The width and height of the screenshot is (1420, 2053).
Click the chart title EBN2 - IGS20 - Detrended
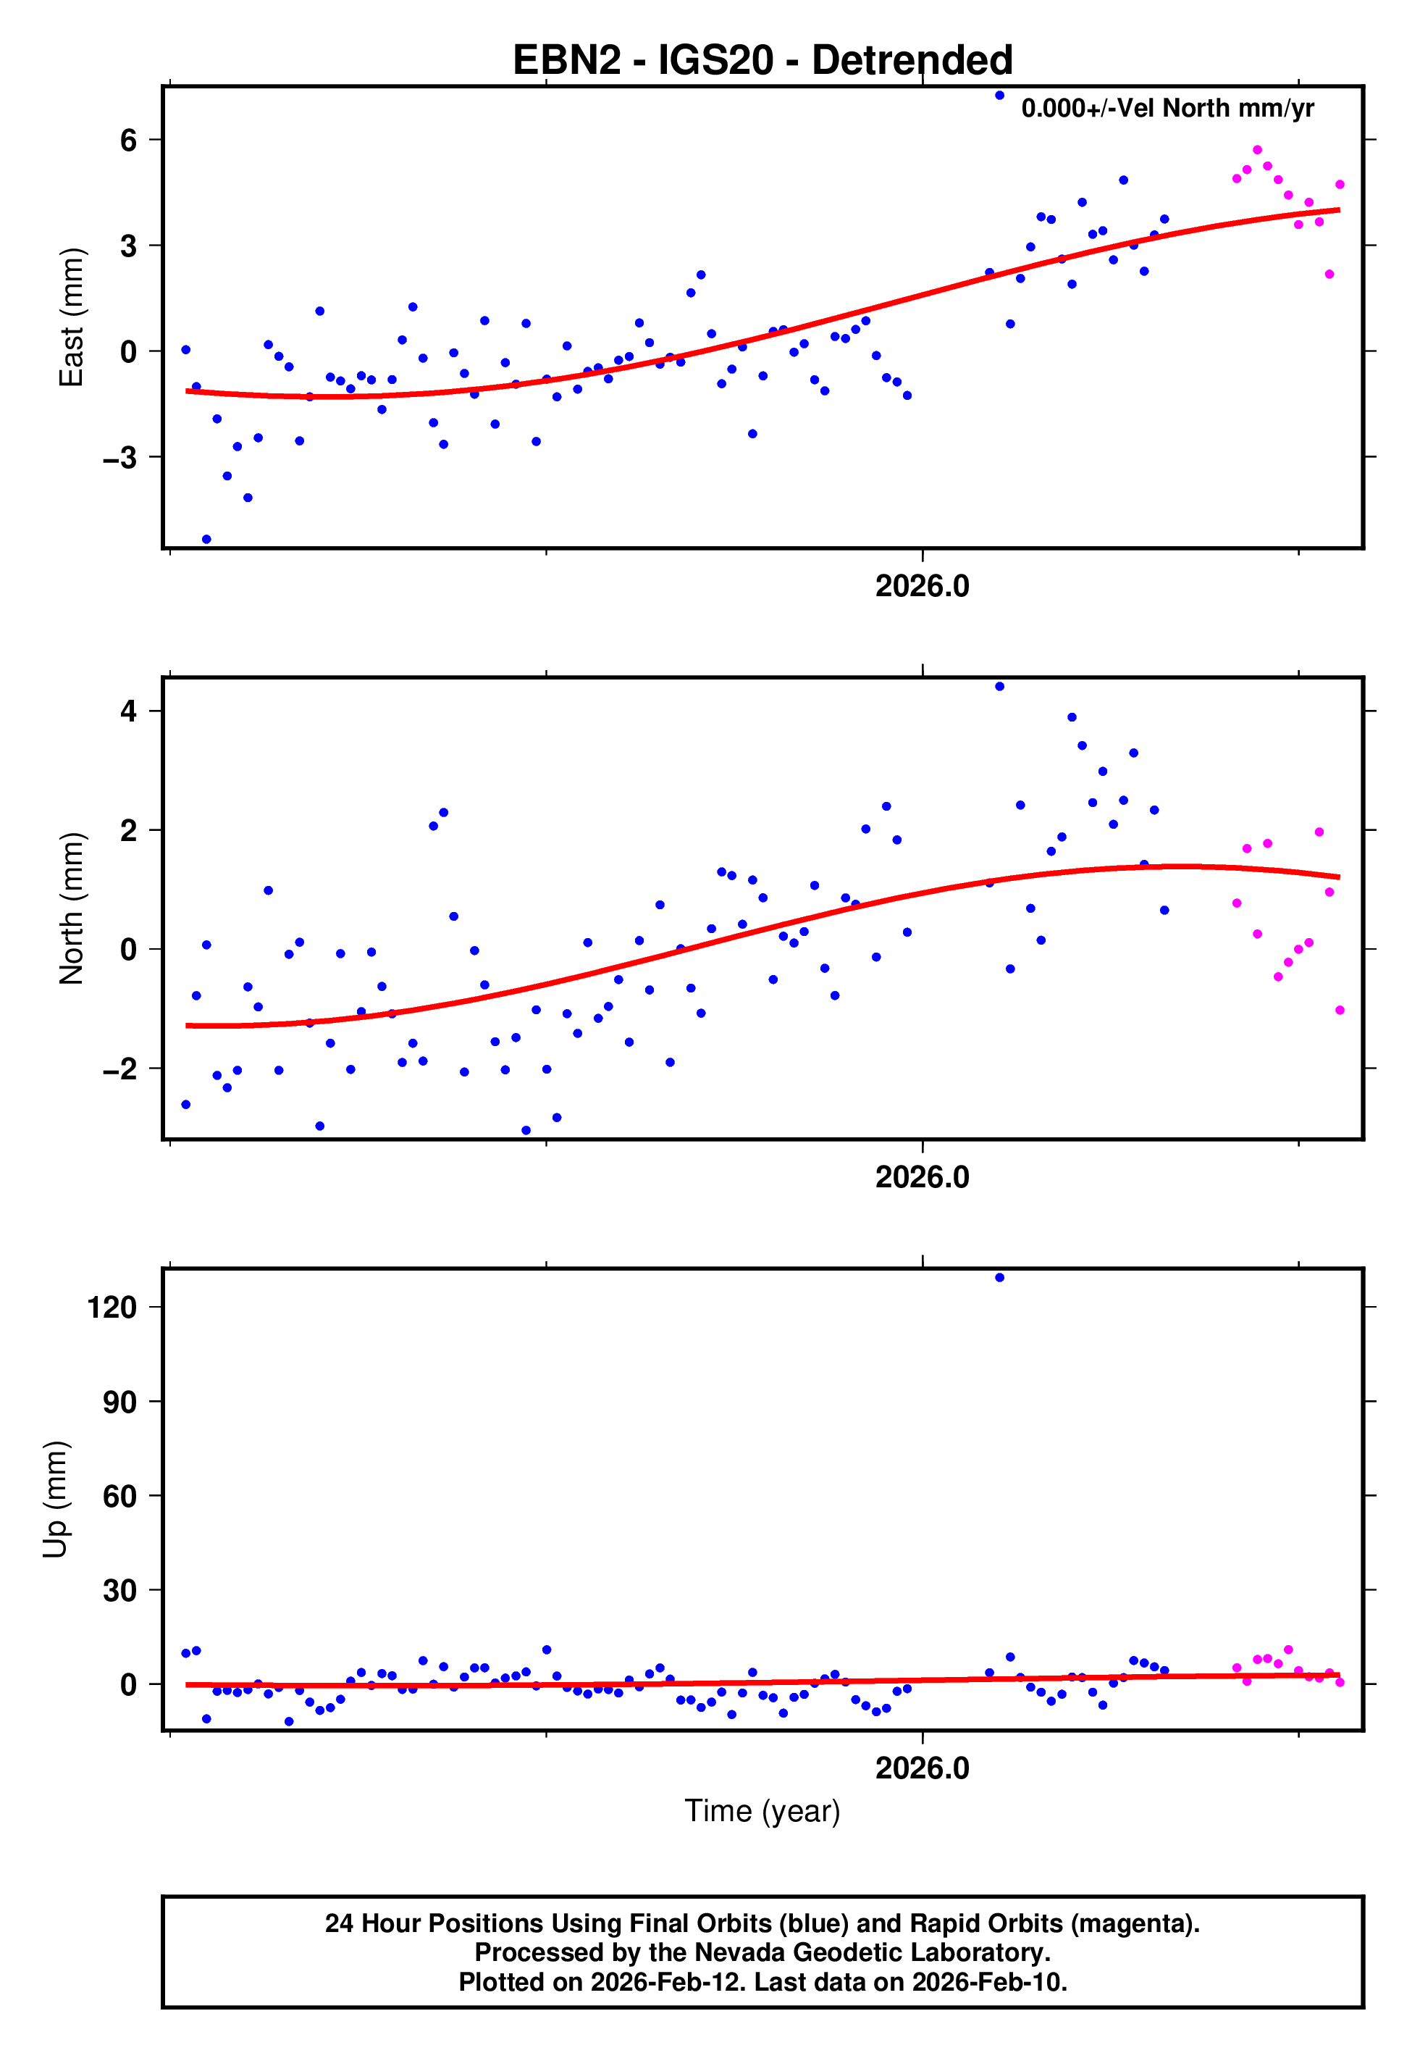[x=762, y=61]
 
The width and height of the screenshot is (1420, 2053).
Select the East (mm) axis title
[x=71, y=318]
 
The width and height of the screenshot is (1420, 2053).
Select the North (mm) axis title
[x=71, y=908]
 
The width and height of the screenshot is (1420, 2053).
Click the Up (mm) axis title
[x=55, y=1500]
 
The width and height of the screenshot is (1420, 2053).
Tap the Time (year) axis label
[x=762, y=1811]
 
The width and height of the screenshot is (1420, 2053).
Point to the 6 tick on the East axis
[x=129, y=140]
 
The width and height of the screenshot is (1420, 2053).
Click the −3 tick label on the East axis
[x=120, y=457]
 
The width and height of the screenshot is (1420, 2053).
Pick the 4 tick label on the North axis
[x=129, y=711]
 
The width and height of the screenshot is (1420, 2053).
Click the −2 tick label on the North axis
[x=120, y=1069]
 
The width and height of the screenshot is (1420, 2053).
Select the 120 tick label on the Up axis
[x=112, y=1308]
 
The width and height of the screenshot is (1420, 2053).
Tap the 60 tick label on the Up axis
[x=120, y=1496]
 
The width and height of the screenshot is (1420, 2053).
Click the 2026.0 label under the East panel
[x=922, y=587]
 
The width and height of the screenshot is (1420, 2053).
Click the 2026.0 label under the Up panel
[x=922, y=1768]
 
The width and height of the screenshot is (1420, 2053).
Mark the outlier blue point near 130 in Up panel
[x=999, y=1278]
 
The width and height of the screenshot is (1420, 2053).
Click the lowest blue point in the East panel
[x=206, y=539]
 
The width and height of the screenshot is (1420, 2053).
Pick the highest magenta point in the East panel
[x=1257, y=151]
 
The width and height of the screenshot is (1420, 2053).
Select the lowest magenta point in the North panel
[x=1340, y=1010]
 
